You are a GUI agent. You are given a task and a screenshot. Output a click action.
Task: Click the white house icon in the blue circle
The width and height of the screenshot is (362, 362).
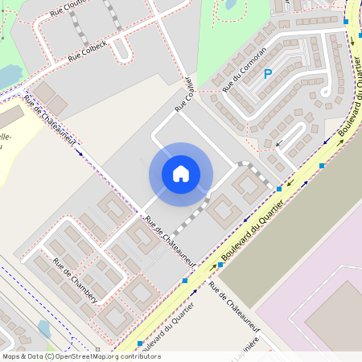coord(181,174)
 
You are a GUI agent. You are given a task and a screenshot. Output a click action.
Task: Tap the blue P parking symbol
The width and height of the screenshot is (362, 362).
coord(268,75)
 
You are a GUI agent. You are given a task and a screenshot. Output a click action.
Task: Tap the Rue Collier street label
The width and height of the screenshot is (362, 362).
coord(185,95)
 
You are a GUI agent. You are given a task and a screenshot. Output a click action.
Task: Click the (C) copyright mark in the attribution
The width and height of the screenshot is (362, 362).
coord(49,356)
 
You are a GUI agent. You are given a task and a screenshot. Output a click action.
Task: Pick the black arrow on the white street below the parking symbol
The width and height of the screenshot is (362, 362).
coord(279,145)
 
